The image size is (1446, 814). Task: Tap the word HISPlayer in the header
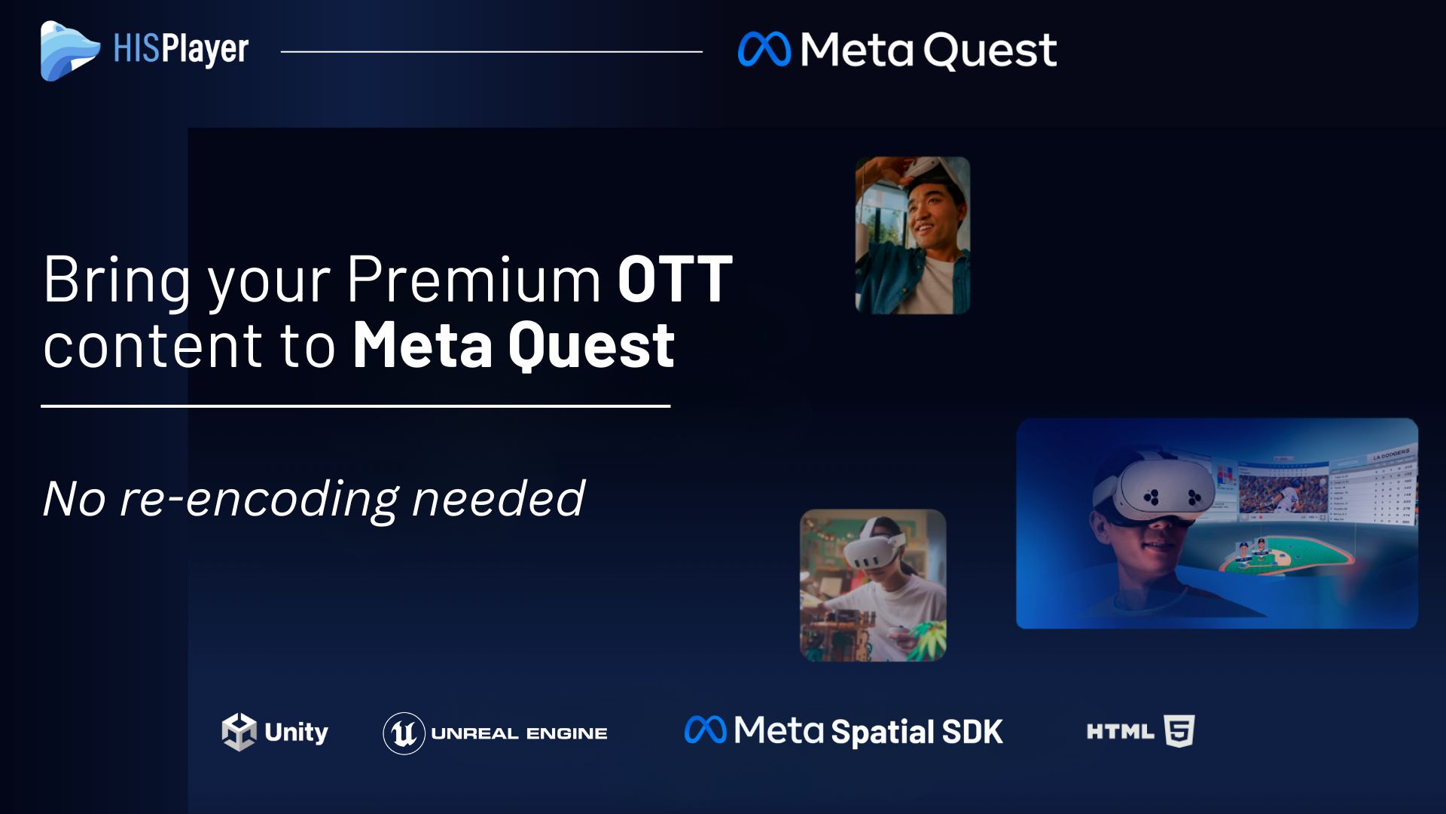pyautogui.click(x=181, y=50)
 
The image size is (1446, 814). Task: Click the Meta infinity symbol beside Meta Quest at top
pyautogui.click(x=764, y=50)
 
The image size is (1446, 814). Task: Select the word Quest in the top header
pyautogui.click(x=990, y=51)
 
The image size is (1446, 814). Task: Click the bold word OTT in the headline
pyautogui.click(x=675, y=279)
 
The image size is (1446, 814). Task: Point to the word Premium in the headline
pyautogui.click(x=474, y=279)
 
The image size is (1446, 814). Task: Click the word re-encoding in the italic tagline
pyautogui.click(x=258, y=499)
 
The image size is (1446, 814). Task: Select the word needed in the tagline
pyautogui.click(x=499, y=498)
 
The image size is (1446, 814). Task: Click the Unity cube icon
pyautogui.click(x=239, y=732)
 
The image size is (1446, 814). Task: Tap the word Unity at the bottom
pyautogui.click(x=296, y=733)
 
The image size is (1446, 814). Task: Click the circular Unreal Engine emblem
pyautogui.click(x=404, y=733)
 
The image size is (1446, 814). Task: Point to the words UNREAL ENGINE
pyautogui.click(x=520, y=733)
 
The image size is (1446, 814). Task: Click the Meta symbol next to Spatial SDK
pyautogui.click(x=705, y=730)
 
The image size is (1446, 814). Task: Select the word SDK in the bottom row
pyautogui.click(x=972, y=732)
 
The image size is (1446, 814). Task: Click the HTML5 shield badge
pyautogui.click(x=1179, y=731)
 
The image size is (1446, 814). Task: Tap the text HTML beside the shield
pyautogui.click(x=1120, y=731)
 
